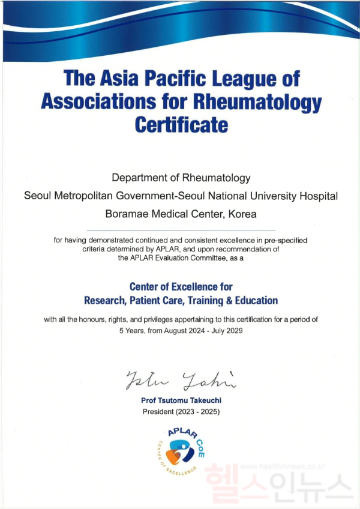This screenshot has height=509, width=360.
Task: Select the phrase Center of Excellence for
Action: click(x=181, y=287)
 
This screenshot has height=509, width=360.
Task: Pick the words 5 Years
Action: click(x=133, y=331)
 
